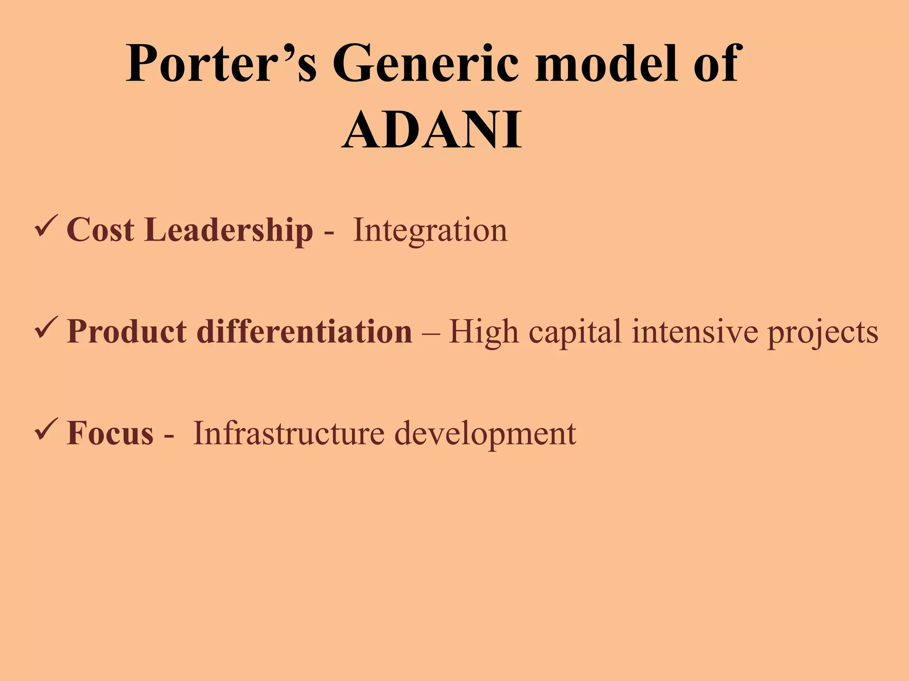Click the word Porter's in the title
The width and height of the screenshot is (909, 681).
221,64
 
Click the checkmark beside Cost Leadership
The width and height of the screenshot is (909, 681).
46,226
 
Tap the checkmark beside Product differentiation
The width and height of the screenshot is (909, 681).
46,328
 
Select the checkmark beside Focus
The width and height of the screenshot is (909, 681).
46,429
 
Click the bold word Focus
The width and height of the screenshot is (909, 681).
110,434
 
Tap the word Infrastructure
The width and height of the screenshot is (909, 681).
289,434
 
